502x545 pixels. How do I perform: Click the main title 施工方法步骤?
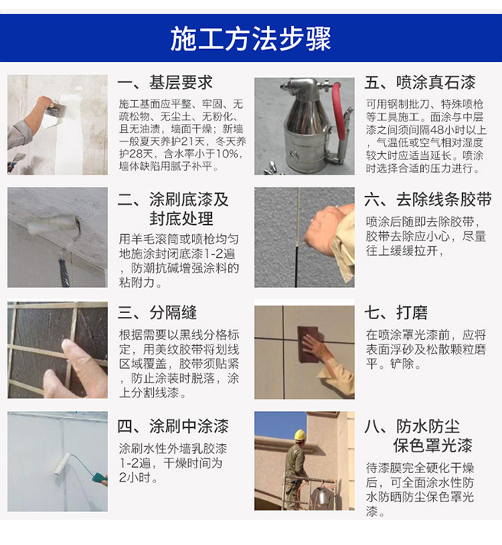pyautogui.click(x=250, y=38)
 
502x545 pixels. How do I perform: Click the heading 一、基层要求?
pyautogui.click(x=165, y=83)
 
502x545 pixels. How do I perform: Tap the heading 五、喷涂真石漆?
pyautogui.click(x=420, y=83)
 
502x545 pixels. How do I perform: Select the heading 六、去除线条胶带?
pyautogui.click(x=428, y=200)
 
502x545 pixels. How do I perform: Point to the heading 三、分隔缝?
pyautogui.click(x=157, y=312)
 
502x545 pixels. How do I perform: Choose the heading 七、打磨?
pyautogui.click(x=396, y=312)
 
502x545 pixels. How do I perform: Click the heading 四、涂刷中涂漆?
pyautogui.click(x=173, y=426)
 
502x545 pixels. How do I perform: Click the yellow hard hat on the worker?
pyautogui.click(x=299, y=435)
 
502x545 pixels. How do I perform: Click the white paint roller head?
pyautogui.click(x=62, y=464)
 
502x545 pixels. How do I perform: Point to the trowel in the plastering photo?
pyautogui.click(x=57, y=111)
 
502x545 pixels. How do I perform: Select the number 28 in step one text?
pyautogui.click(x=137, y=154)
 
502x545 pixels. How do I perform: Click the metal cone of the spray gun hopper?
pyautogui.click(x=305, y=110)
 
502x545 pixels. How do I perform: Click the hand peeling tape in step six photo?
pyautogui.click(x=327, y=227)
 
